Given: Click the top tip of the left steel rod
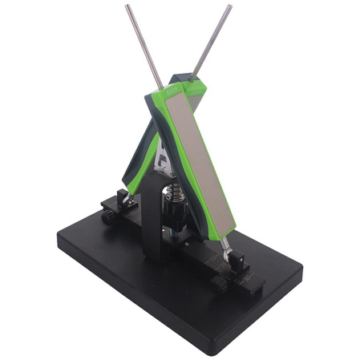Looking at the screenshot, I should pyautogui.click(x=127, y=7).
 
